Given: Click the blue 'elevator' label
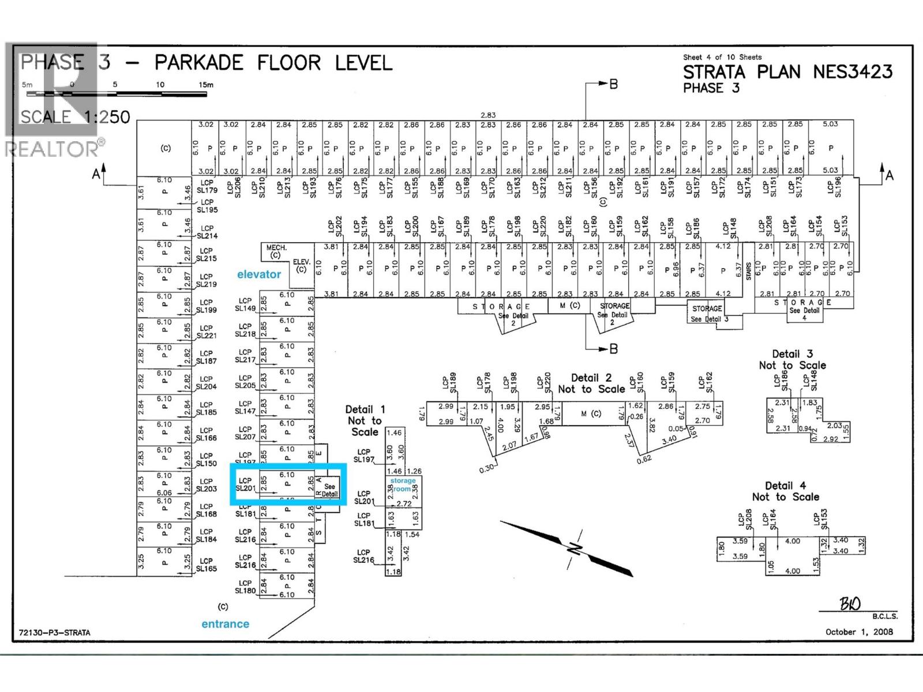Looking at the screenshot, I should (258, 274).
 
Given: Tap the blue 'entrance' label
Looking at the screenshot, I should (225, 624).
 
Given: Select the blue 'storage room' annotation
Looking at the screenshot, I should (402, 484).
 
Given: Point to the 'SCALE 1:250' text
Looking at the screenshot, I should (75, 117).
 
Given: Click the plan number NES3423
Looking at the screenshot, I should (853, 72).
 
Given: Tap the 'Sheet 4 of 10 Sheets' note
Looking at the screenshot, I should (722, 57).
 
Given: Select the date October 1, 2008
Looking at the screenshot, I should (859, 631).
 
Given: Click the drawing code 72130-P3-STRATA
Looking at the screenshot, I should (54, 633).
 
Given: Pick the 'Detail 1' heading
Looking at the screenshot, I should (365, 409).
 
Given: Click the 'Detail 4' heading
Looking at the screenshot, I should (785, 486).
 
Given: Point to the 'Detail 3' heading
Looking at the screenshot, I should (792, 354).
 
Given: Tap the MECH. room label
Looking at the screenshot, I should (276, 248).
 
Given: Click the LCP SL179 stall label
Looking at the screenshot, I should (207, 186).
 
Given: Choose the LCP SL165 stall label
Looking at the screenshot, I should (206, 565).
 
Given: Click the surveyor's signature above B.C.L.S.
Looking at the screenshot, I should (850, 604).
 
